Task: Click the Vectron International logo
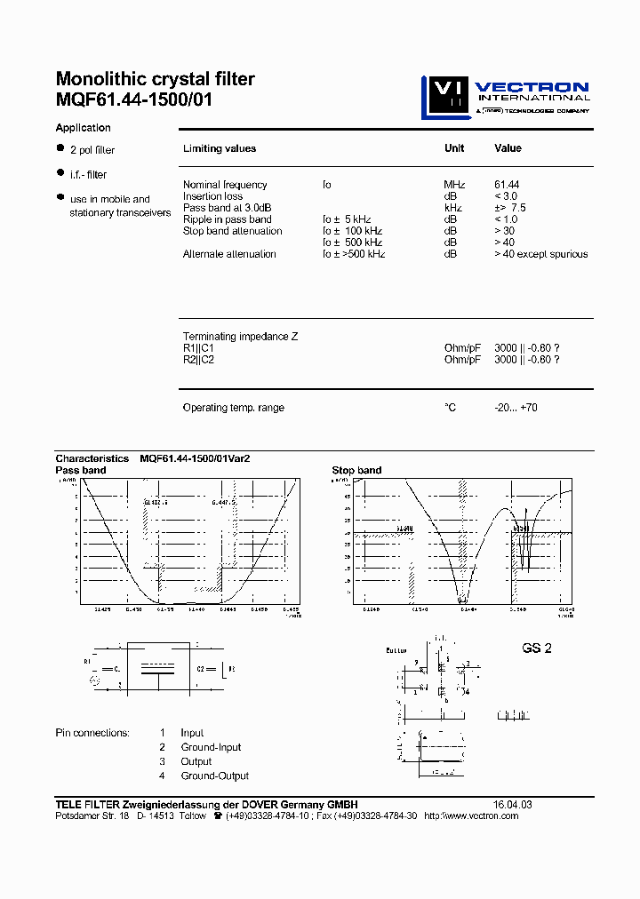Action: tap(505, 97)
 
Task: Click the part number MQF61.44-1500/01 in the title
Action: tap(134, 99)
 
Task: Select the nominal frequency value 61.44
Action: tap(507, 185)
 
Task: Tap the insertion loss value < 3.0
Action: tap(506, 196)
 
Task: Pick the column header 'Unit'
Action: tap(454, 148)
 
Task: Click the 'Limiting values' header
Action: tap(219, 149)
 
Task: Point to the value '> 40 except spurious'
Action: tap(540, 254)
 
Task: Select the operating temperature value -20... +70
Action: tap(516, 408)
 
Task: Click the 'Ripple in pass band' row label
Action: tap(227, 219)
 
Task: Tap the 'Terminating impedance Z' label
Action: tap(240, 337)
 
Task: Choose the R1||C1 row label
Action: tap(198, 348)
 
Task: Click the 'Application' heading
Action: tap(83, 128)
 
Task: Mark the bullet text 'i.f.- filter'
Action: tap(88, 175)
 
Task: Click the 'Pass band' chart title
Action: tap(81, 470)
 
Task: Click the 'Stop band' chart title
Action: tap(356, 470)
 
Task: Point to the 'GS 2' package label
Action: tap(537, 648)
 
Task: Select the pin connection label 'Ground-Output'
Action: tap(214, 776)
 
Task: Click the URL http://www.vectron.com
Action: tap(471, 815)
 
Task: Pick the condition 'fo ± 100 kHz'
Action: tap(352, 231)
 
